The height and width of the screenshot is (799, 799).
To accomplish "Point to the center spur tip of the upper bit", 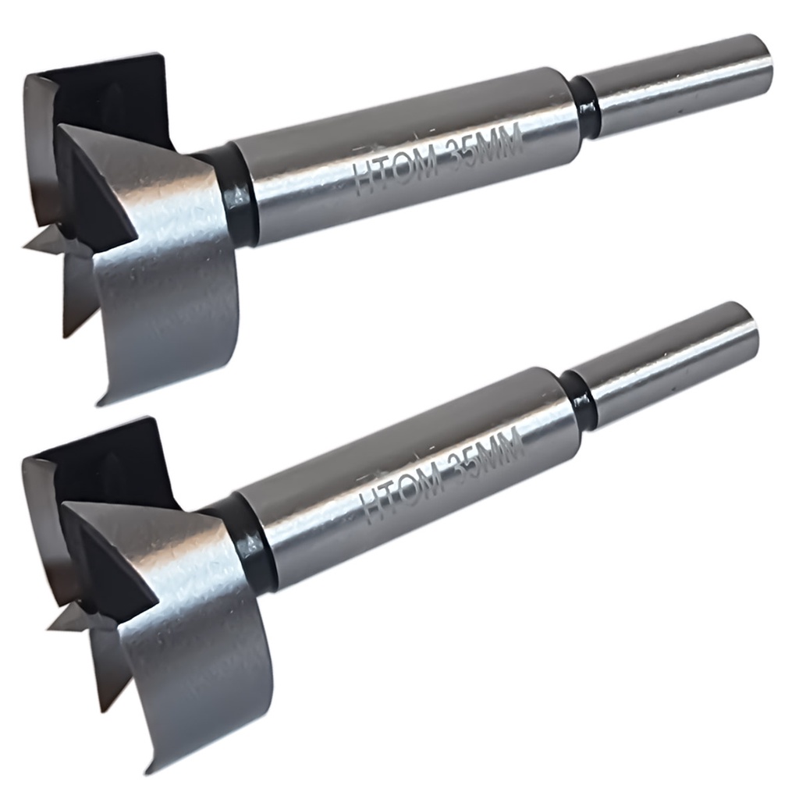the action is point(24,247).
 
